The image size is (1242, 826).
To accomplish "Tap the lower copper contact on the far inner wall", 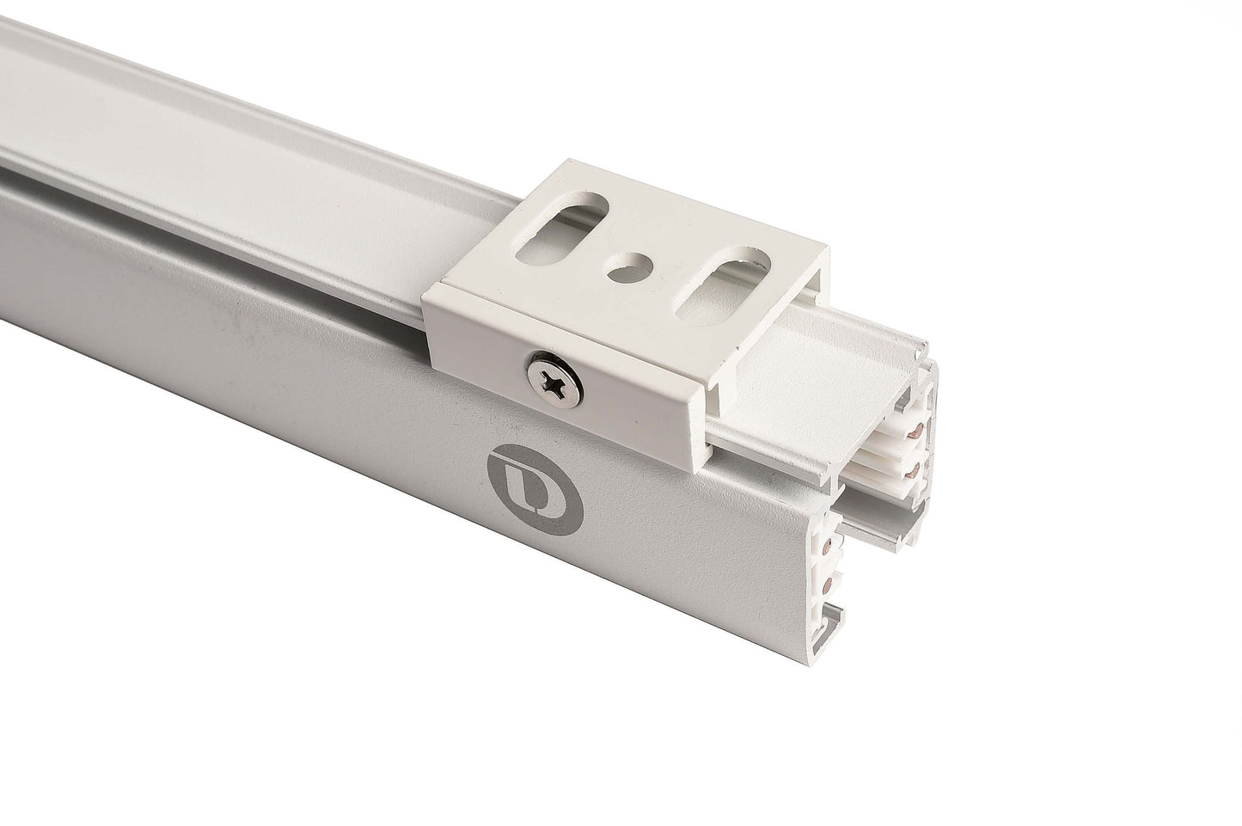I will (917, 468).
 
